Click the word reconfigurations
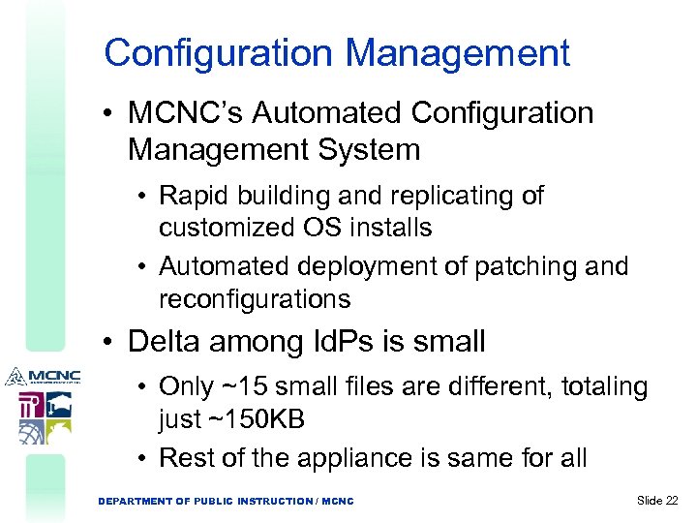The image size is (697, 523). [x=255, y=299]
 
